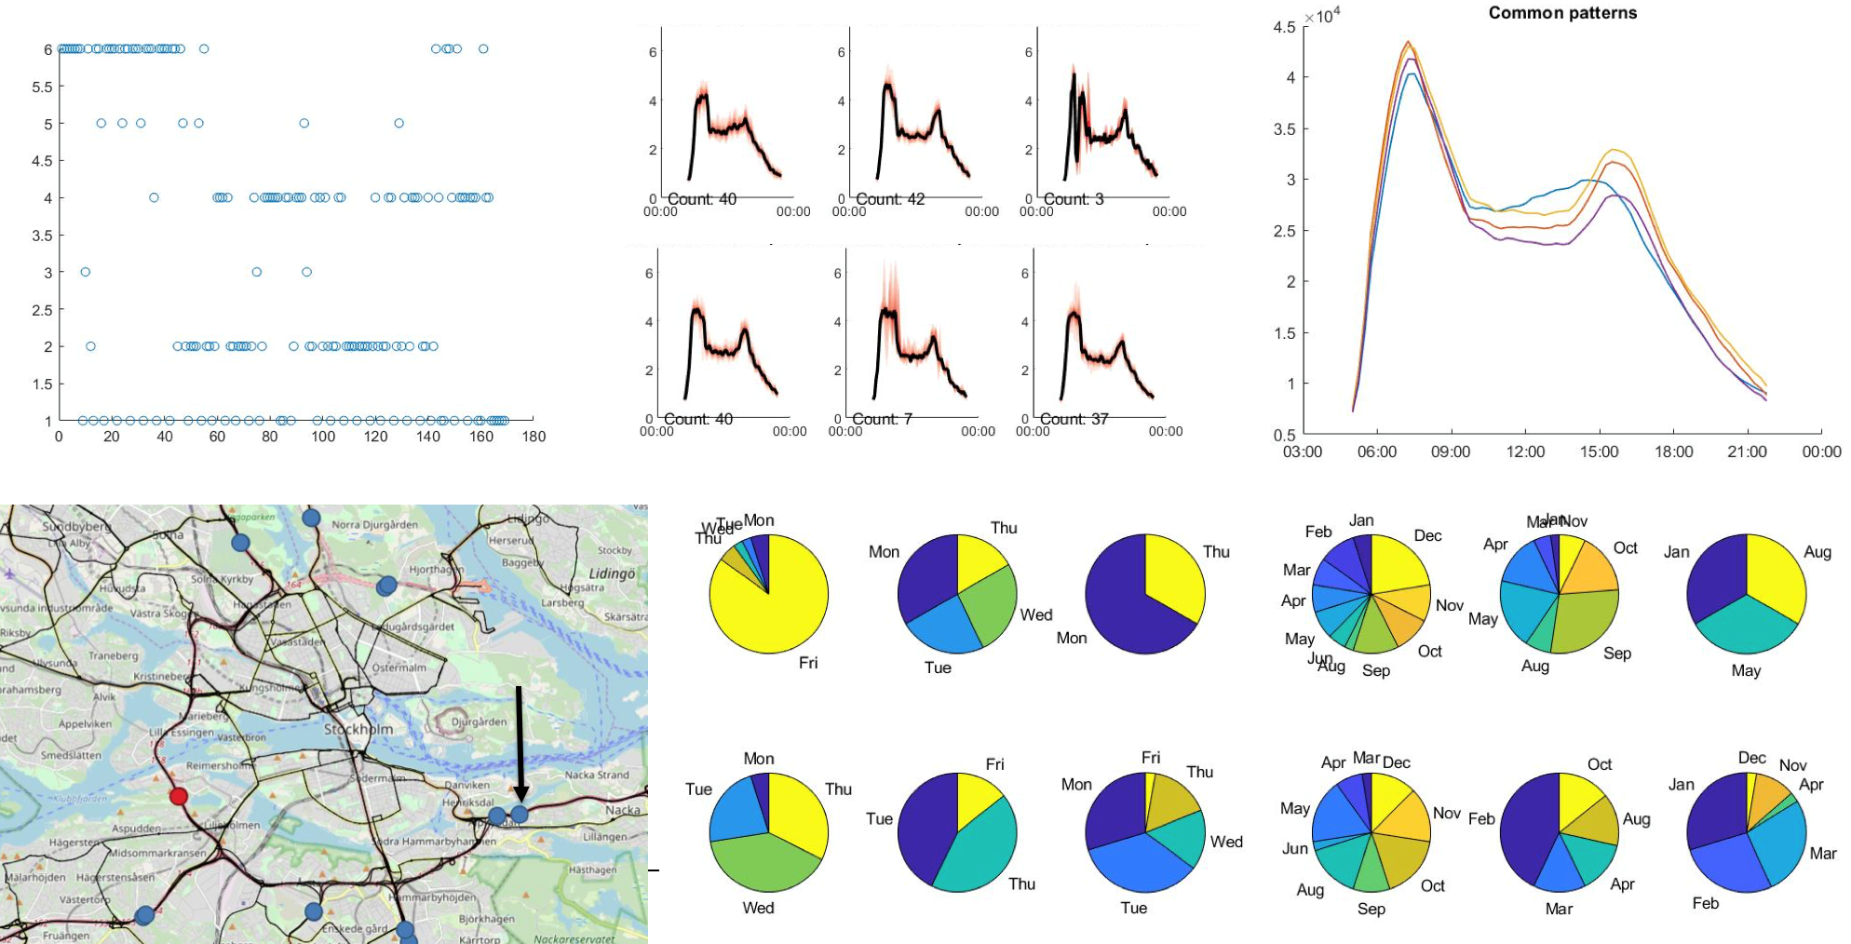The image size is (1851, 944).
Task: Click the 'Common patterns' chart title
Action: [1561, 13]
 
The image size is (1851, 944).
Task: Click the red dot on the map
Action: [179, 796]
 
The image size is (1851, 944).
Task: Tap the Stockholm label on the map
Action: [358, 729]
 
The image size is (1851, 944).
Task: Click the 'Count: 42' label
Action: [889, 199]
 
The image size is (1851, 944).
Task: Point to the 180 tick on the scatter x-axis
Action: [534, 437]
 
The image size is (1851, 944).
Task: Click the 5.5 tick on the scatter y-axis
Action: [42, 87]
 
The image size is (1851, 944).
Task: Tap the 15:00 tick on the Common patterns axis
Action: [1599, 452]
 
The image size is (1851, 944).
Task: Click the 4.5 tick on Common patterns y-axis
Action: [1284, 27]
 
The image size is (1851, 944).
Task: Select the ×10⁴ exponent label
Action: [1322, 17]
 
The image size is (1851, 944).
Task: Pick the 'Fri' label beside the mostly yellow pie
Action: [808, 663]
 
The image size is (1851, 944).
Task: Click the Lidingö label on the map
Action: [611, 573]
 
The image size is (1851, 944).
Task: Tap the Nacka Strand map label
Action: [597, 775]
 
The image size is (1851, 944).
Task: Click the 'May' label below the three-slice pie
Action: [1746, 670]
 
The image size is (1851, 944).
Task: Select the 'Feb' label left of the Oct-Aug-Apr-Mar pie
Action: [1480, 819]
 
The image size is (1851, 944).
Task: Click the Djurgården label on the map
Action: [479, 721]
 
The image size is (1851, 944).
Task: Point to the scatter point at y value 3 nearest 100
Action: [306, 272]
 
